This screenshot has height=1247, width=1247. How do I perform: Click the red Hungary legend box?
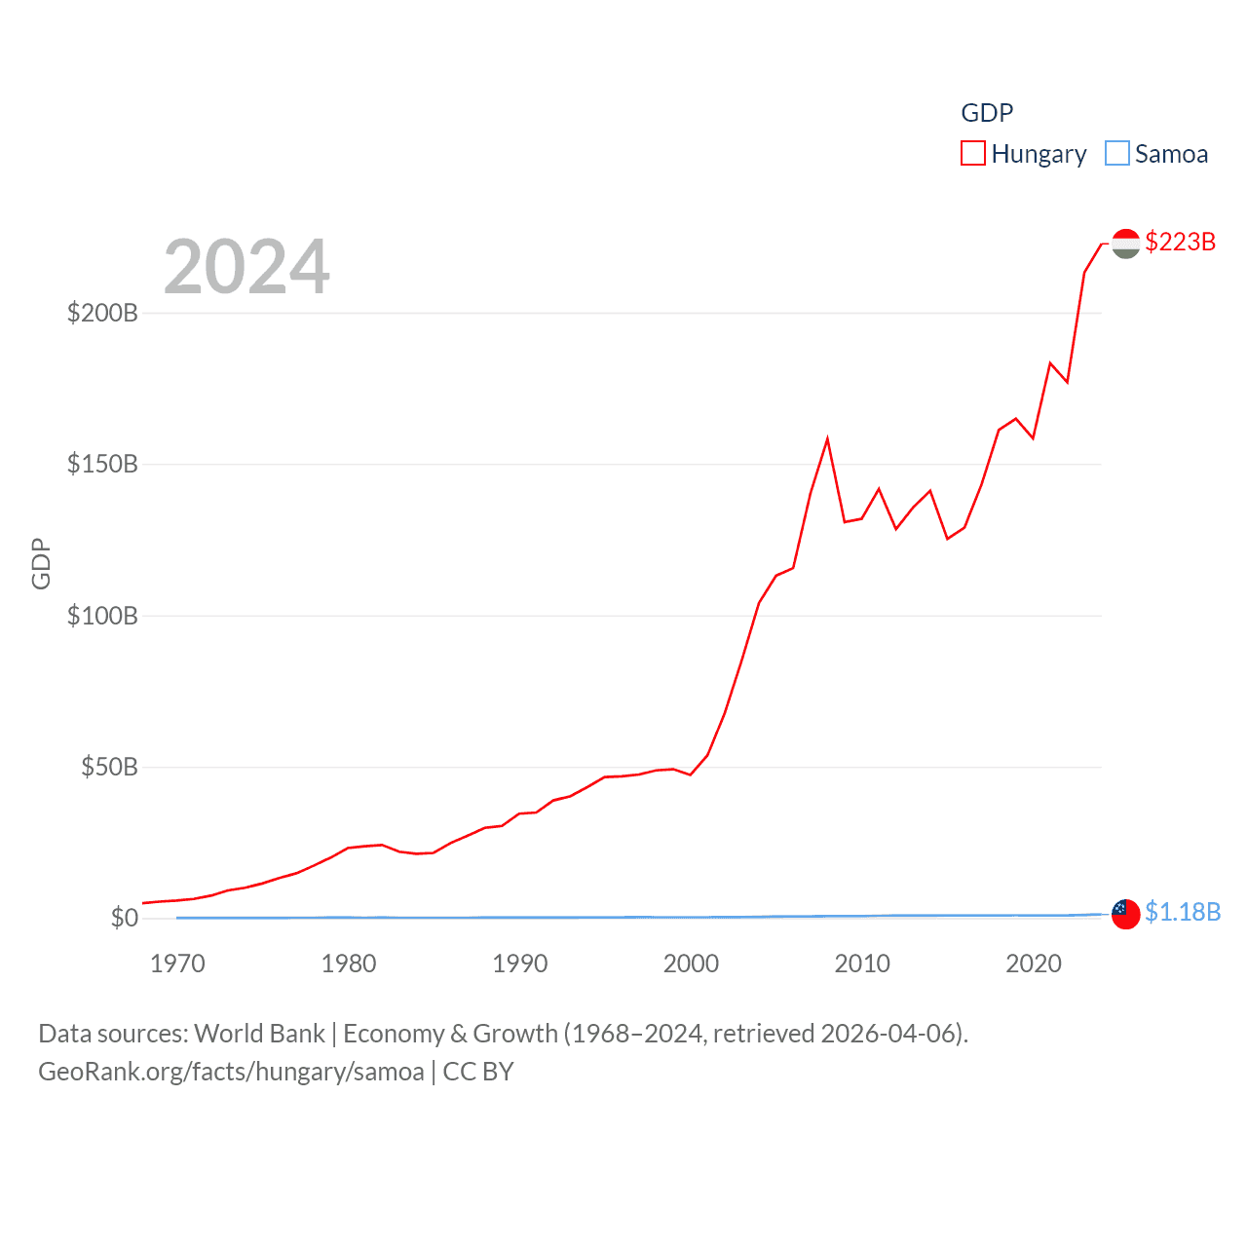973,154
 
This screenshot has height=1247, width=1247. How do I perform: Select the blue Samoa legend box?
1117,154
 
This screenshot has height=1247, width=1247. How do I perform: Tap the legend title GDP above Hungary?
987,113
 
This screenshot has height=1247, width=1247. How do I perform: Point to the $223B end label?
1180,242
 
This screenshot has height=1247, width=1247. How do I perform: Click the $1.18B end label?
1183,912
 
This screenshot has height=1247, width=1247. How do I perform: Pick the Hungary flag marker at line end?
1125,244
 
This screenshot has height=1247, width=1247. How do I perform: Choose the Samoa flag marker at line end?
1125,914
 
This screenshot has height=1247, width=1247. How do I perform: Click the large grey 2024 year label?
246,266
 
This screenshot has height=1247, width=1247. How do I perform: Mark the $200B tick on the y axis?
102,313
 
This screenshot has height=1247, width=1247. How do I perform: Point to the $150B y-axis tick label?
102,464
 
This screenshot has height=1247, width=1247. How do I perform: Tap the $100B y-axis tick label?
102,616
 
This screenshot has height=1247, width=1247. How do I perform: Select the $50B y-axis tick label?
109,767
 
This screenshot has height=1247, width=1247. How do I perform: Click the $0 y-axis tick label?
125,918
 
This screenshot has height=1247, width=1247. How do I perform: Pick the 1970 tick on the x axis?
177,964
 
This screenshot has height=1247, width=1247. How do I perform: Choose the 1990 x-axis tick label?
520,964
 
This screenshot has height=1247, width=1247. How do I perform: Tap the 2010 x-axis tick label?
862,964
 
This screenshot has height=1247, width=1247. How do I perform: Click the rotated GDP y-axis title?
41,563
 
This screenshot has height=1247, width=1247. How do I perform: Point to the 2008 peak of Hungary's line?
827,439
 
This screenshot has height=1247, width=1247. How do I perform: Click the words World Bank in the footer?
259,1033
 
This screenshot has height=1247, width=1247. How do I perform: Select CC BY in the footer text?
478,1072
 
